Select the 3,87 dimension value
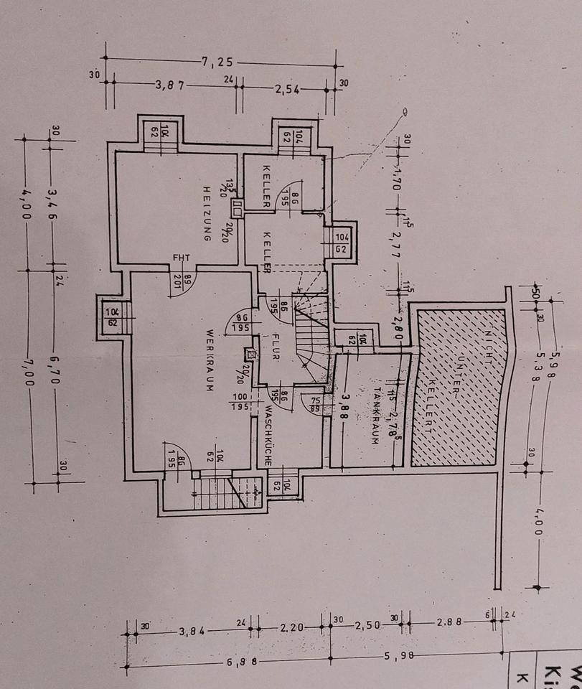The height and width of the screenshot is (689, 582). (x=171, y=85)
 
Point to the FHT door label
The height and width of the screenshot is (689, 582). (x=179, y=258)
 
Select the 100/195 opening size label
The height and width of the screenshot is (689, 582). (x=240, y=401)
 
